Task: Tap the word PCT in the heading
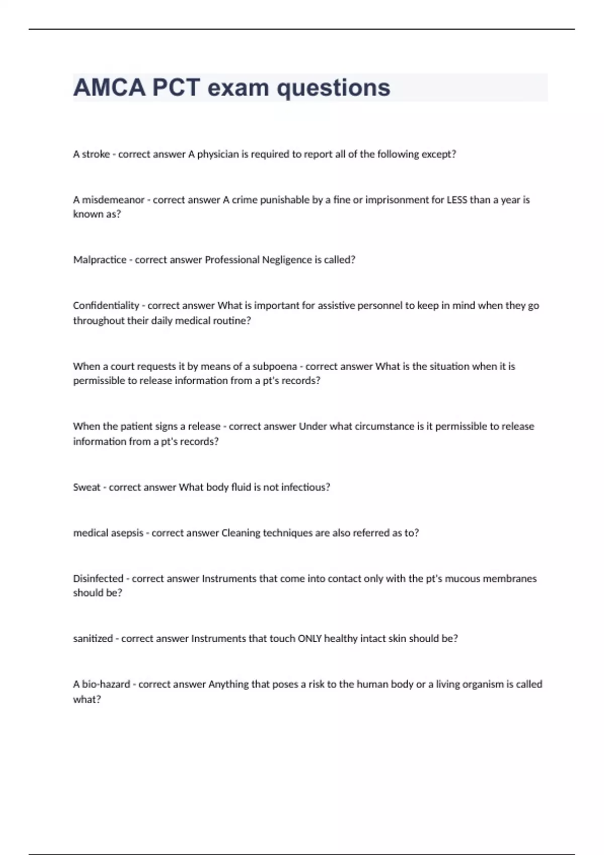tap(176, 88)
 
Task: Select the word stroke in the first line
tap(96, 154)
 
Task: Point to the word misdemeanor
tap(113, 200)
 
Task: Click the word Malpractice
tap(100, 260)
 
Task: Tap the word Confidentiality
tap(106, 306)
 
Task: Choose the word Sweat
tap(87, 487)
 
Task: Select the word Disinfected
tap(98, 579)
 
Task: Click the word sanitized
tap(93, 639)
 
